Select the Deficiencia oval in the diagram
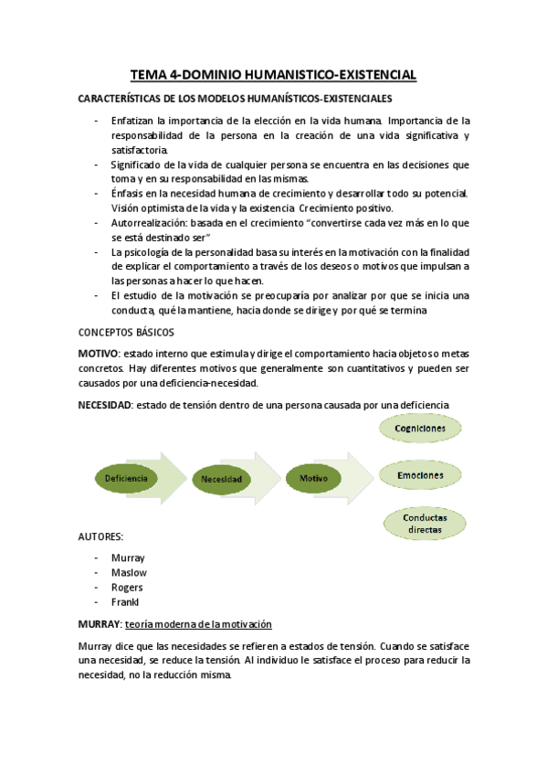pos(126,477)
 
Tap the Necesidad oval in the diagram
pos(222,478)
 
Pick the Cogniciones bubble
pos(419,428)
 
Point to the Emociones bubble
pos(419,475)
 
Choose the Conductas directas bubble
pos(419,523)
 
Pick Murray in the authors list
pos(128,557)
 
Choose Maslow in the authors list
pos(129,572)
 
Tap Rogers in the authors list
pos(127,587)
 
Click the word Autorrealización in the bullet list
pos(148,222)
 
